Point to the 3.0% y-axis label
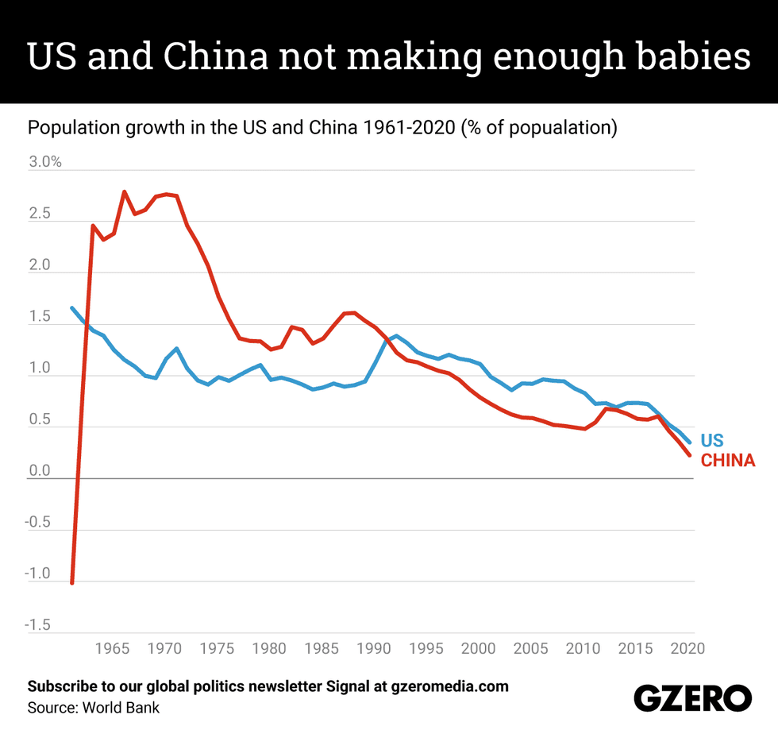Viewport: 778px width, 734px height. tap(45, 162)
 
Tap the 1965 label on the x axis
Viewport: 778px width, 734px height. tap(112, 648)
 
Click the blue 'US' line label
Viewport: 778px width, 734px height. tap(713, 441)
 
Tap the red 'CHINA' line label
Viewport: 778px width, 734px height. tap(728, 461)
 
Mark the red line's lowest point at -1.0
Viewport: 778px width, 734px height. tap(72, 582)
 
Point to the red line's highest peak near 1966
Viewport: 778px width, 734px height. tap(125, 191)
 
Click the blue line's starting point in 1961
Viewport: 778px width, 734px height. tap(72, 308)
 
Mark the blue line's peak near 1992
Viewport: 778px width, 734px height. tap(396, 336)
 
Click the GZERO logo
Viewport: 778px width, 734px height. tap(692, 698)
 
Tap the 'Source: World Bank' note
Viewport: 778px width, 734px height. tap(94, 707)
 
